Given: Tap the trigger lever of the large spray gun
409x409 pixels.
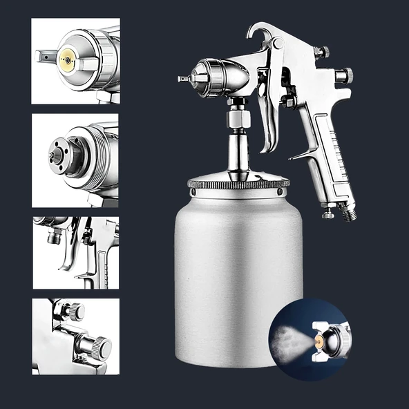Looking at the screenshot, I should (268, 121).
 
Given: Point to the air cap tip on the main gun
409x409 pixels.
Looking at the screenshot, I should (184, 79).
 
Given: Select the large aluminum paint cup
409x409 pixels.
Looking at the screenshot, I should (238, 276).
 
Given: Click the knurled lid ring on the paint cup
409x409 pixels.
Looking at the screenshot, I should (238, 184).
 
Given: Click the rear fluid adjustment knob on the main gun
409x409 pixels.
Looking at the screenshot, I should (343, 75).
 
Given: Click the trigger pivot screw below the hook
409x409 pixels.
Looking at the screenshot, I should (278, 43).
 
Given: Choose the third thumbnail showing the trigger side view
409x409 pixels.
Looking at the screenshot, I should (75, 252).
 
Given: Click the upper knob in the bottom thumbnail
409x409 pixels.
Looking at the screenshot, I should (75, 312).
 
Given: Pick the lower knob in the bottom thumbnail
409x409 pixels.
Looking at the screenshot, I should (99, 345).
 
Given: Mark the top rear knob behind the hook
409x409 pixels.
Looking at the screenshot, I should (320, 53).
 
